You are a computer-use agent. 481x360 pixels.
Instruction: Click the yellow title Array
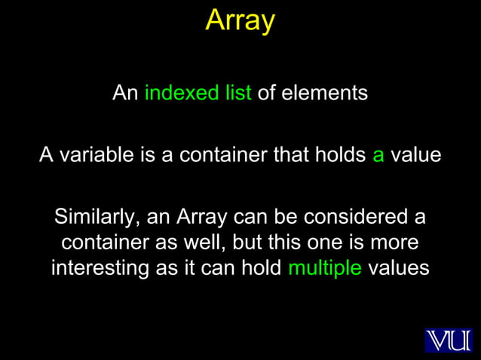pyautogui.click(x=240, y=20)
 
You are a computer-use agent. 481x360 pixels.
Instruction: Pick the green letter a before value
pyautogui.click(x=378, y=156)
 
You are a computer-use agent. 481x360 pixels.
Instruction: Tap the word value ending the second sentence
pyautogui.click(x=415, y=155)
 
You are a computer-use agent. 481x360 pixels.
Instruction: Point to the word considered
pyautogui.click(x=354, y=218)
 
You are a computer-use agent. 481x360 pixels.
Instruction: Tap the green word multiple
pyautogui.click(x=325, y=269)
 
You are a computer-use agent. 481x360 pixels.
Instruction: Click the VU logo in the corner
pyautogui.click(x=448, y=340)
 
